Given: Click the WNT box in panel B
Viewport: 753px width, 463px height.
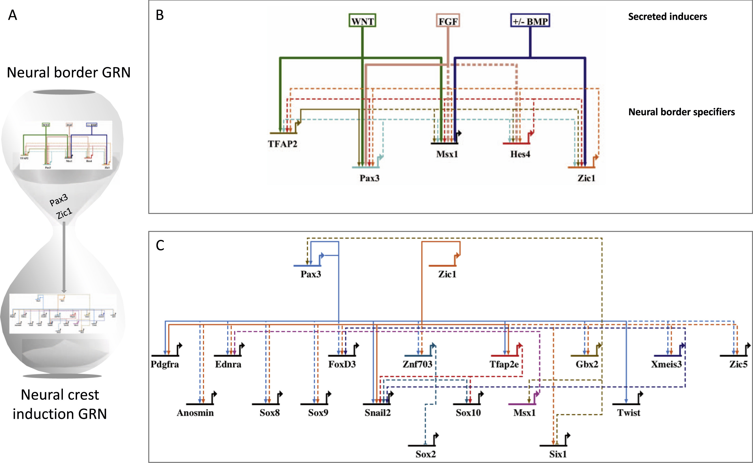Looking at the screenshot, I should (362, 21).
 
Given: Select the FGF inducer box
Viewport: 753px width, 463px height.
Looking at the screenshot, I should (448, 21).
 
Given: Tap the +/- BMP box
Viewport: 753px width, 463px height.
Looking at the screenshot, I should (530, 21).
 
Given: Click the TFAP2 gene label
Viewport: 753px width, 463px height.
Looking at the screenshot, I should (282, 144).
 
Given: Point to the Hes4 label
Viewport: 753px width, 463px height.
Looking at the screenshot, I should (520, 154).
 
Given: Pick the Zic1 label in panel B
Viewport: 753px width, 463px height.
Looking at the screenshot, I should (586, 178).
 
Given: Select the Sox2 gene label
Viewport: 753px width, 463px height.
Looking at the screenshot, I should (426, 454).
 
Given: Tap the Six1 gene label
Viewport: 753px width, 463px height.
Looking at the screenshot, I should (558, 454).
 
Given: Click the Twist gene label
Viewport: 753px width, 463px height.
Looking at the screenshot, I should (628, 412).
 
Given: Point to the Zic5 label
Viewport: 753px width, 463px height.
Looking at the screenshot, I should (738, 364).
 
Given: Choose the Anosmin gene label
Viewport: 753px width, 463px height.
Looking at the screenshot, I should (195, 412).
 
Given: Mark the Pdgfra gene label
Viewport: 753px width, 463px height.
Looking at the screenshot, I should (165, 364).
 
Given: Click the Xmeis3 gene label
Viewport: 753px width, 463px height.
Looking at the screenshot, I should (666, 364).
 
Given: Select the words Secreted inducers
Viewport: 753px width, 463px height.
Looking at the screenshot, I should (667, 17).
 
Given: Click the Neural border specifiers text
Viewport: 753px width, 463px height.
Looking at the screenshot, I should (681, 112).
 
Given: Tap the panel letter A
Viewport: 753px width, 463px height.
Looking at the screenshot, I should (12, 15).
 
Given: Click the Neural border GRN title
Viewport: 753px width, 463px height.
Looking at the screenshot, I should (69, 73).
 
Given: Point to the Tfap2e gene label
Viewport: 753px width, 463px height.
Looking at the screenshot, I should (504, 364).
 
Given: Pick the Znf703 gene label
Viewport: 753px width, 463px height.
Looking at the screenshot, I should (417, 364).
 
